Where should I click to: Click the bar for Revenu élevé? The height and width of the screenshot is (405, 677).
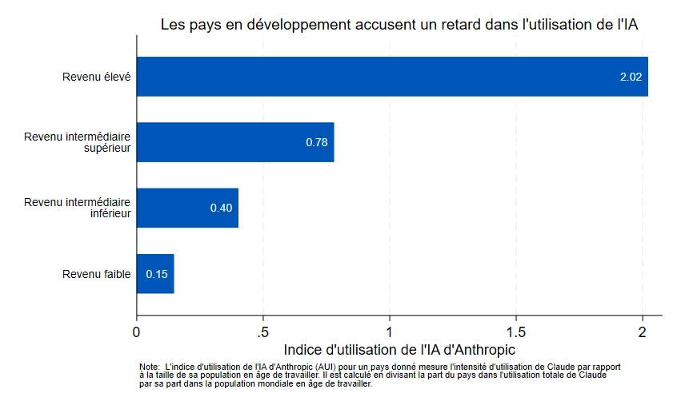pyautogui.click(x=392, y=77)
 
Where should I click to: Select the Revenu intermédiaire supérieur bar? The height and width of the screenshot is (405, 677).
pyautogui.click(x=235, y=142)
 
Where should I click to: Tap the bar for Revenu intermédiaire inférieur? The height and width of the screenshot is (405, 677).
pyautogui.click(x=187, y=208)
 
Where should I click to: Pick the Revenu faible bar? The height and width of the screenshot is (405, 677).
pyautogui.click(x=155, y=274)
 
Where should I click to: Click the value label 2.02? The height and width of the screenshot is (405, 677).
pyautogui.click(x=631, y=77)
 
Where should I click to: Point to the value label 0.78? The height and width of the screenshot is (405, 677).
pyautogui.click(x=317, y=142)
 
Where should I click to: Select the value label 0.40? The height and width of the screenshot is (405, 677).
pyautogui.click(x=221, y=208)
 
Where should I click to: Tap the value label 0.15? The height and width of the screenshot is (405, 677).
pyautogui.click(x=157, y=274)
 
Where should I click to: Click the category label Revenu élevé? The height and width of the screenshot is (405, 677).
pyautogui.click(x=96, y=77)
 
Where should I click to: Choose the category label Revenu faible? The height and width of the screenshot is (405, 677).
pyautogui.click(x=96, y=275)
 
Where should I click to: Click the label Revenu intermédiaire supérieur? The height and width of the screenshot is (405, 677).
pyautogui.click(x=78, y=142)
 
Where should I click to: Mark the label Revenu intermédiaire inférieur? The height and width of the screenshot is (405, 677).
pyautogui.click(x=78, y=208)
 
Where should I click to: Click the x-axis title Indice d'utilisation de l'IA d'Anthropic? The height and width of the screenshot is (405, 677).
pyautogui.click(x=399, y=350)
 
